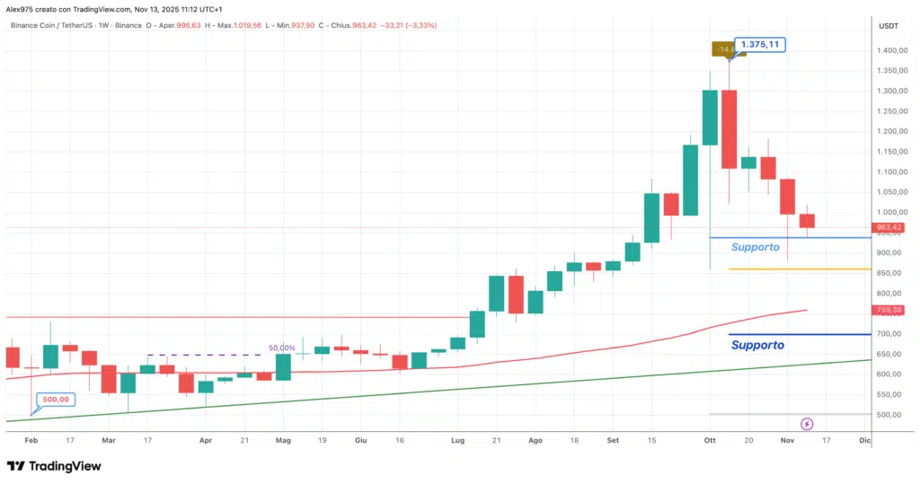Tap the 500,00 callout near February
(x=56, y=399)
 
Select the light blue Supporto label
(x=755, y=247)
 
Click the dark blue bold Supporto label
(x=757, y=345)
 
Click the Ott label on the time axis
(x=709, y=441)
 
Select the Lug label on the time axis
(x=457, y=441)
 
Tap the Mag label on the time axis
(x=283, y=441)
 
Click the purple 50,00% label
(x=281, y=348)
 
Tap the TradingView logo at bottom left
(x=54, y=466)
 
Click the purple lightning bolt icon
(x=806, y=424)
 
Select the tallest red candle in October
(x=729, y=128)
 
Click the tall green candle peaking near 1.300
(x=710, y=117)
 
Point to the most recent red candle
(x=807, y=221)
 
